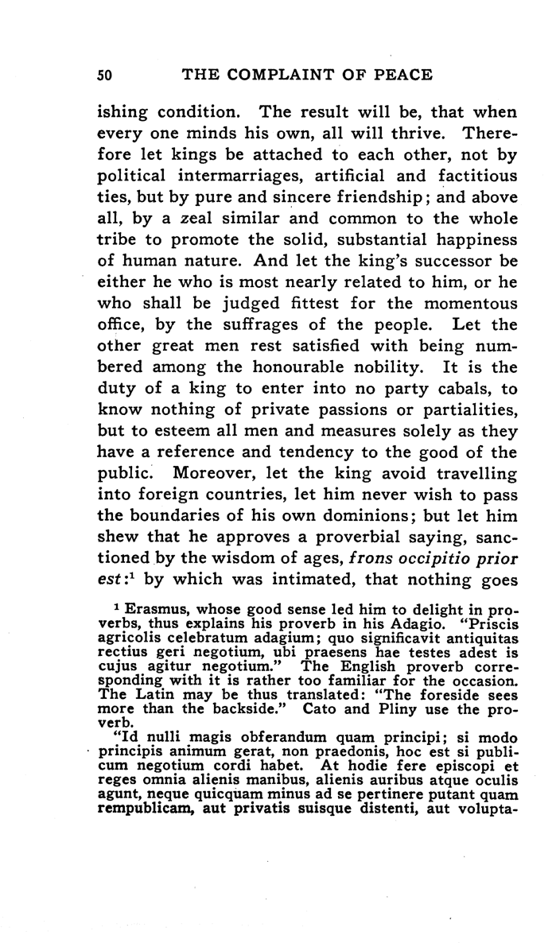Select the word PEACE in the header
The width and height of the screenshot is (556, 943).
pyautogui.click(x=403, y=75)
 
